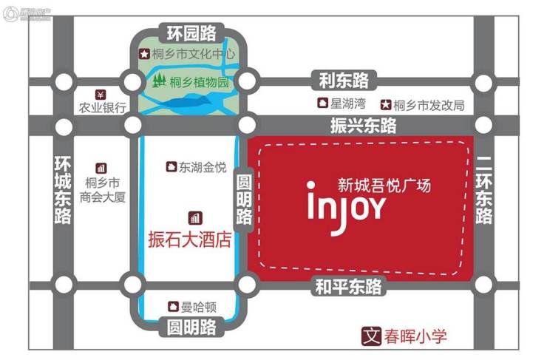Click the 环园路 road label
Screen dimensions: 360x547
coord(191,33)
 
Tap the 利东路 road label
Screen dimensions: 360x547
coord(344,79)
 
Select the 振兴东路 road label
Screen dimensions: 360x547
coord(364,125)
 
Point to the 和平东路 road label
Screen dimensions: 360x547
coord(348,286)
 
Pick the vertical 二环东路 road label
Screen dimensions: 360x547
coord(484,190)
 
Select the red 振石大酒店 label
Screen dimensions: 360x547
coord(191,240)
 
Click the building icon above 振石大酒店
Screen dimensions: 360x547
coord(196,217)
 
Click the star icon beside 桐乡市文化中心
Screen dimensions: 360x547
coord(144,55)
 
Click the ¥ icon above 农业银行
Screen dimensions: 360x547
coord(101,95)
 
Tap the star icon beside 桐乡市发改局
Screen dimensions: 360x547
coord(385,104)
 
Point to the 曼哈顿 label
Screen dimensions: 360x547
coord(197,305)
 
